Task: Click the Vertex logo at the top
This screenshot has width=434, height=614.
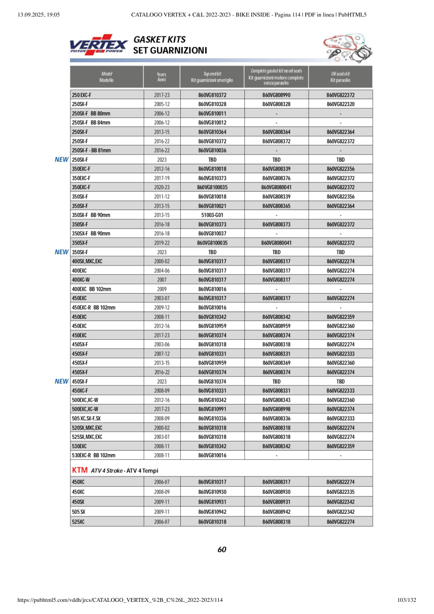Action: point(99,45)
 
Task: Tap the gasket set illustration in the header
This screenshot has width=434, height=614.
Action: point(345,47)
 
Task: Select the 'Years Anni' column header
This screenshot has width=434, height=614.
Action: point(162,77)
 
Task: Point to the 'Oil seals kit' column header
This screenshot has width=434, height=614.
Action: point(340,77)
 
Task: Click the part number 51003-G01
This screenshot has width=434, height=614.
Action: point(212,215)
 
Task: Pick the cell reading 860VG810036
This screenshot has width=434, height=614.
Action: point(212,150)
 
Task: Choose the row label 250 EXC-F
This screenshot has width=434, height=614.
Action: point(82,95)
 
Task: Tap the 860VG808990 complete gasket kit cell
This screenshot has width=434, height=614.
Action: point(276,95)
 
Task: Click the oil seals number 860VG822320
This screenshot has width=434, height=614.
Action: point(340,104)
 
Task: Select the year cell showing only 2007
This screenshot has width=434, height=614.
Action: point(162,280)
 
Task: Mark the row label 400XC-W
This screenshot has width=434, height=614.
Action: point(82,280)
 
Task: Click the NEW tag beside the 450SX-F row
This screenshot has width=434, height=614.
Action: point(62,382)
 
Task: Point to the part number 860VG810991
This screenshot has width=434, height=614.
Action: point(212,409)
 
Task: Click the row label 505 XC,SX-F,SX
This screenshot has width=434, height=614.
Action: point(87,419)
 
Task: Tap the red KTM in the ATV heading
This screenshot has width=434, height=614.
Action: point(79,470)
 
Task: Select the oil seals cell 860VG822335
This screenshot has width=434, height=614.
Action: point(340,492)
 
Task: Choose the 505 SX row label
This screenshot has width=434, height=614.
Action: point(79,512)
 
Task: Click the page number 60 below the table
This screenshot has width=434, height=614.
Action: point(222,550)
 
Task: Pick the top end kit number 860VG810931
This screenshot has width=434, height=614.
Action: point(212,501)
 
